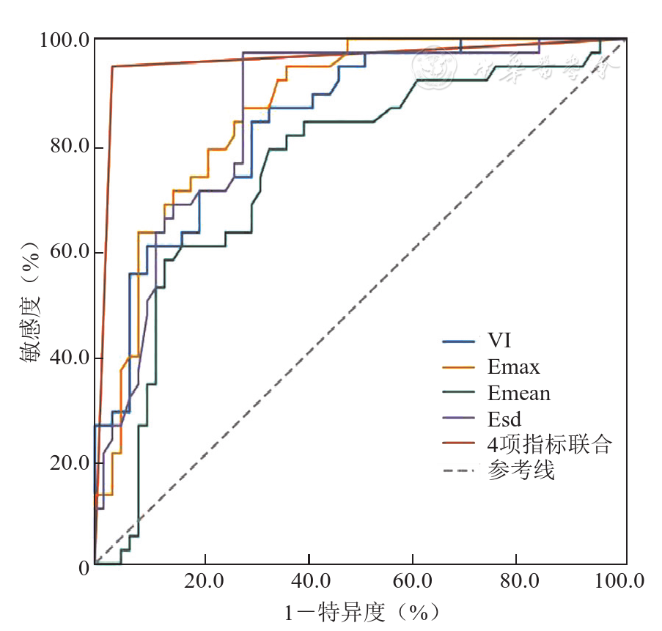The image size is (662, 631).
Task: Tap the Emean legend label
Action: (518, 393)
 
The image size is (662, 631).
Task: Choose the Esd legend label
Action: (504, 419)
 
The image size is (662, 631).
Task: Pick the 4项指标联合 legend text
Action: (549, 445)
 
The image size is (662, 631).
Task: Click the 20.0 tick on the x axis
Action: (205, 582)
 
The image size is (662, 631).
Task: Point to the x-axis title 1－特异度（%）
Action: (362, 611)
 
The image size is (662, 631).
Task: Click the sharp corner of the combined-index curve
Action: (111, 67)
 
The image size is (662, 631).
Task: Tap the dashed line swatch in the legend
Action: (460, 471)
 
